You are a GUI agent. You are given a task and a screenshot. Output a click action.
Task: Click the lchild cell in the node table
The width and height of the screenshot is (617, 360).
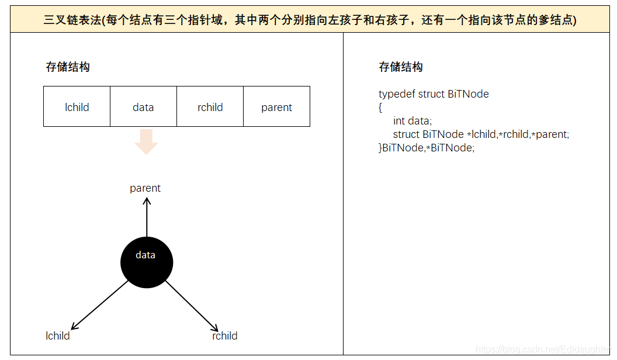[77, 107]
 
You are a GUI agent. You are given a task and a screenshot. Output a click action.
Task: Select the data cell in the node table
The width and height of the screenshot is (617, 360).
[143, 107]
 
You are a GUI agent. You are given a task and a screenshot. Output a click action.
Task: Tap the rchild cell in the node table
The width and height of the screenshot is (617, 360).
[210, 107]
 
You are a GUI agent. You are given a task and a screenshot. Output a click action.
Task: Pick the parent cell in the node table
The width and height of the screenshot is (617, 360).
[276, 107]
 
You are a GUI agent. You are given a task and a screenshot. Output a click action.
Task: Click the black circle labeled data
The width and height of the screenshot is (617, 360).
[146, 262]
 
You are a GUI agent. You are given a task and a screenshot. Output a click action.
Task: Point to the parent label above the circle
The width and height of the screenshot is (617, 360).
[145, 188]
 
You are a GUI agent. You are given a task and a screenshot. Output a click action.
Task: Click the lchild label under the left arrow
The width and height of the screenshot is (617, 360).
[58, 336]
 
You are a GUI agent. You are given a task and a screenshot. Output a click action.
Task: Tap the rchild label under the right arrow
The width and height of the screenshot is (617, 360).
[224, 336]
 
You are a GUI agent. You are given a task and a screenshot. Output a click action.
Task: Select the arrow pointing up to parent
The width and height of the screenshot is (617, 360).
[147, 216]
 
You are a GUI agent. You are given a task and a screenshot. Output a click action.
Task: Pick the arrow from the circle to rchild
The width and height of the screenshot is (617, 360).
[192, 306]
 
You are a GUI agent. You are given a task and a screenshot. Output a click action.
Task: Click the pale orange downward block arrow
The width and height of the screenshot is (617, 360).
[146, 142]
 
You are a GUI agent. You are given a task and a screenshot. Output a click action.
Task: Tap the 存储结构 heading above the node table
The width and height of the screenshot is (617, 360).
[68, 67]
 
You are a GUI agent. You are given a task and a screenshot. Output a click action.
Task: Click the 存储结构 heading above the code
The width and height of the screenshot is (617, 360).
[401, 67]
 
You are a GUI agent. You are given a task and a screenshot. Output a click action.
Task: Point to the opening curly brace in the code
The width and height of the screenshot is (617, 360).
[380, 108]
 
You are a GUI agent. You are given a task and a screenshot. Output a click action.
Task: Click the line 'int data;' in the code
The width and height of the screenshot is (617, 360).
[412, 121]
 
